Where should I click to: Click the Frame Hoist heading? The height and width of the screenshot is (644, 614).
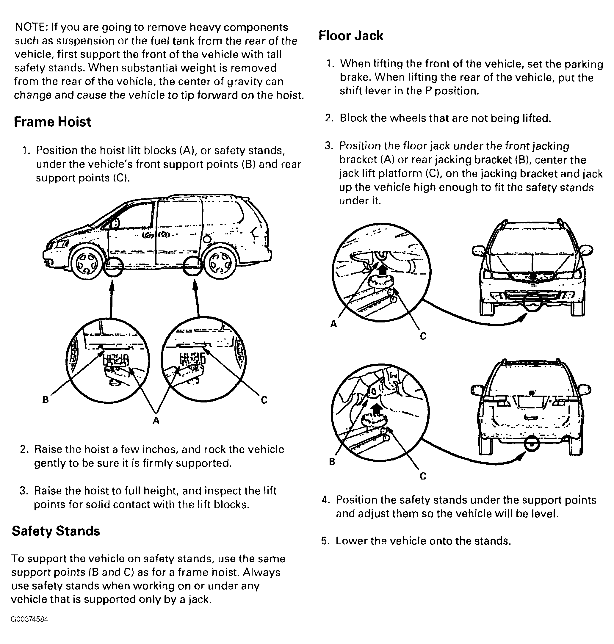tap(52, 122)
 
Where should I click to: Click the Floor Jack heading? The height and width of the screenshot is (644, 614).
tap(350, 36)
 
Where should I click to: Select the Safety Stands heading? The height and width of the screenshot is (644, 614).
tap(56, 531)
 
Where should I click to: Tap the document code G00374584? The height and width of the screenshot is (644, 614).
tap(29, 619)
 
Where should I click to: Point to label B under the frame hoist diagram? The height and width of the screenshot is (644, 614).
tap(46, 399)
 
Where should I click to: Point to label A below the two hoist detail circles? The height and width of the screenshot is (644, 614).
tap(156, 421)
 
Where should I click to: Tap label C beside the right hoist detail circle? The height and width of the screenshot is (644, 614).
tap(264, 400)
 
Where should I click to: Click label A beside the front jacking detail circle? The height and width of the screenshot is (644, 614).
tap(333, 324)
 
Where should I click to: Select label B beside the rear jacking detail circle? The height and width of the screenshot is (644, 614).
tap(332, 462)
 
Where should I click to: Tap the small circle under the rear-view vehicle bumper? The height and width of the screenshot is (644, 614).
tap(532, 445)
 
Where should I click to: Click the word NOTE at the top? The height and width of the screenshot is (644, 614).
tap(31, 27)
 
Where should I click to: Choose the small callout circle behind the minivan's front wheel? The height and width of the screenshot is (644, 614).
tap(113, 267)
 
